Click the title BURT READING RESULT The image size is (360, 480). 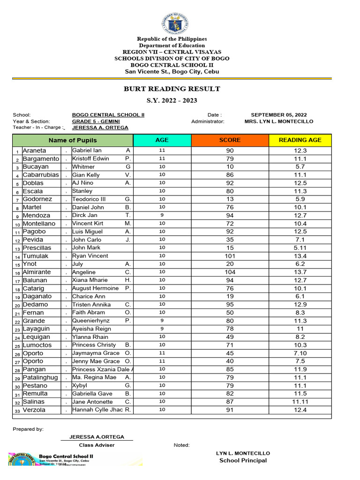click(x=172, y=89)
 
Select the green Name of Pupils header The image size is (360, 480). click(x=73, y=140)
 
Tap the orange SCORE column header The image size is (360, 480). click(x=230, y=140)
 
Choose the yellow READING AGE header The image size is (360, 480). click(x=300, y=140)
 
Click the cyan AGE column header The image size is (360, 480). click(x=162, y=140)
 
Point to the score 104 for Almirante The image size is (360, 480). click(x=230, y=272)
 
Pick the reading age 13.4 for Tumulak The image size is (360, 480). click(x=300, y=256)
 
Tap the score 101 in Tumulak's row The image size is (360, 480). click(x=230, y=256)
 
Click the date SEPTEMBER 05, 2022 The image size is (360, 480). click(x=278, y=115)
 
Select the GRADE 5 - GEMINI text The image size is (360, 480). click(x=96, y=121)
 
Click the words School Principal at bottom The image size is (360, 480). click(x=243, y=460)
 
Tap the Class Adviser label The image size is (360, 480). click(x=97, y=445)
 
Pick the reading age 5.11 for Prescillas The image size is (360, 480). click(x=300, y=248)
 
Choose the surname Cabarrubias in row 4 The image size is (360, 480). click(x=41, y=175)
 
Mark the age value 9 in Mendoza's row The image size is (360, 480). click(x=162, y=215)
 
